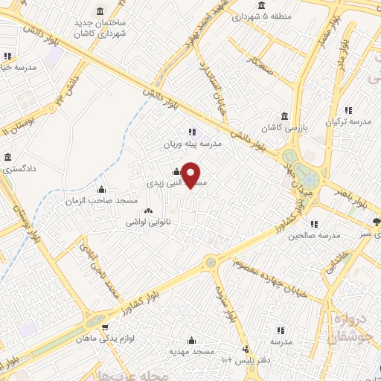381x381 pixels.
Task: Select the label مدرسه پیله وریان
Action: coord(193,144)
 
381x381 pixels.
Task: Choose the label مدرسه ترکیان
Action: coord(350,121)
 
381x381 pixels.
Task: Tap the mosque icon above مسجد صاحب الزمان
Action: coord(102,189)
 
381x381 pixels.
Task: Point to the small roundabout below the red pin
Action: coord(211,261)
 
